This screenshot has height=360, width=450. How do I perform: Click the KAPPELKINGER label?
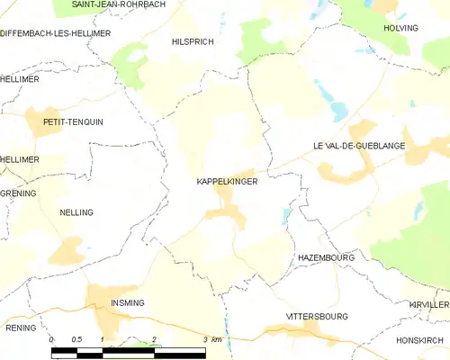click(x=227, y=182)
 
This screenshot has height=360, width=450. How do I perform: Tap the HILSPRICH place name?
click(x=193, y=41)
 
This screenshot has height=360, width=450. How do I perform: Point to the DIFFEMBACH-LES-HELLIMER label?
click(x=56, y=33)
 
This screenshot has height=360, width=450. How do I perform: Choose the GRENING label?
click(x=18, y=193)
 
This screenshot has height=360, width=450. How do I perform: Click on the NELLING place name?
click(x=76, y=212)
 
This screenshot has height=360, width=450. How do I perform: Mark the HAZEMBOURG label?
click(x=326, y=257)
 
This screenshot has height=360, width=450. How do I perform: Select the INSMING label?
click(x=127, y=303)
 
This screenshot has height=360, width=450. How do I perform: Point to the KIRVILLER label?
click(x=428, y=305)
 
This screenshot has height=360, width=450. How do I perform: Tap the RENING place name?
click(x=21, y=328)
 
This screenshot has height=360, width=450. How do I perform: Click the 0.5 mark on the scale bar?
click(x=76, y=339)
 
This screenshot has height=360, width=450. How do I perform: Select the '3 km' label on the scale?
click(x=212, y=339)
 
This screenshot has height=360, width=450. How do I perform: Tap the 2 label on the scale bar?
click(x=154, y=339)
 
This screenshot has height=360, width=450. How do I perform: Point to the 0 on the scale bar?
click(x=52, y=339)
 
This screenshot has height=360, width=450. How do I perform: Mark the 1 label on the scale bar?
click(x=103, y=339)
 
